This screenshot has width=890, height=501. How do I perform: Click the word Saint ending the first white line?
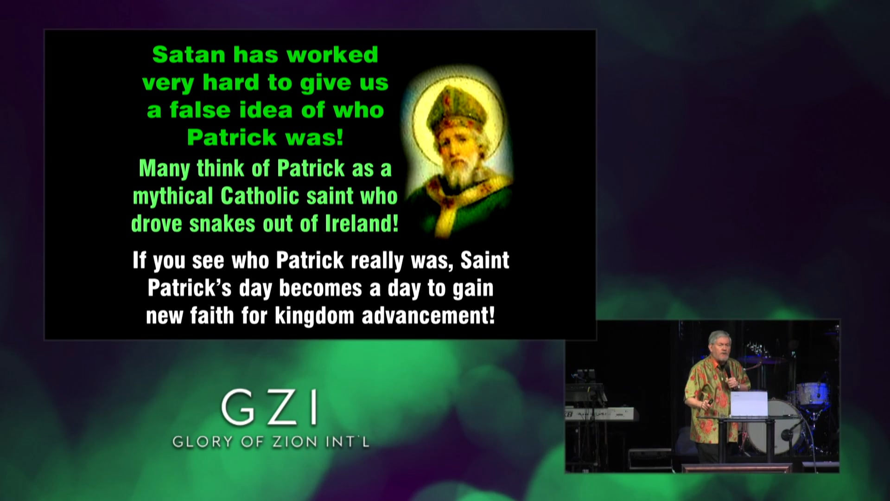[x=485, y=260]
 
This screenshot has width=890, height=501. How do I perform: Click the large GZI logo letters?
[x=269, y=408]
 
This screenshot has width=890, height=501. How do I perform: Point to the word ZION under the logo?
[x=288, y=442]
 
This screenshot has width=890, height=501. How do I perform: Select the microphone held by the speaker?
[x=728, y=371]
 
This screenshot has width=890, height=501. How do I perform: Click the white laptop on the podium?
[x=749, y=403]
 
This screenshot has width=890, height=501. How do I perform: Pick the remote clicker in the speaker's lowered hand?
[x=710, y=402]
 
